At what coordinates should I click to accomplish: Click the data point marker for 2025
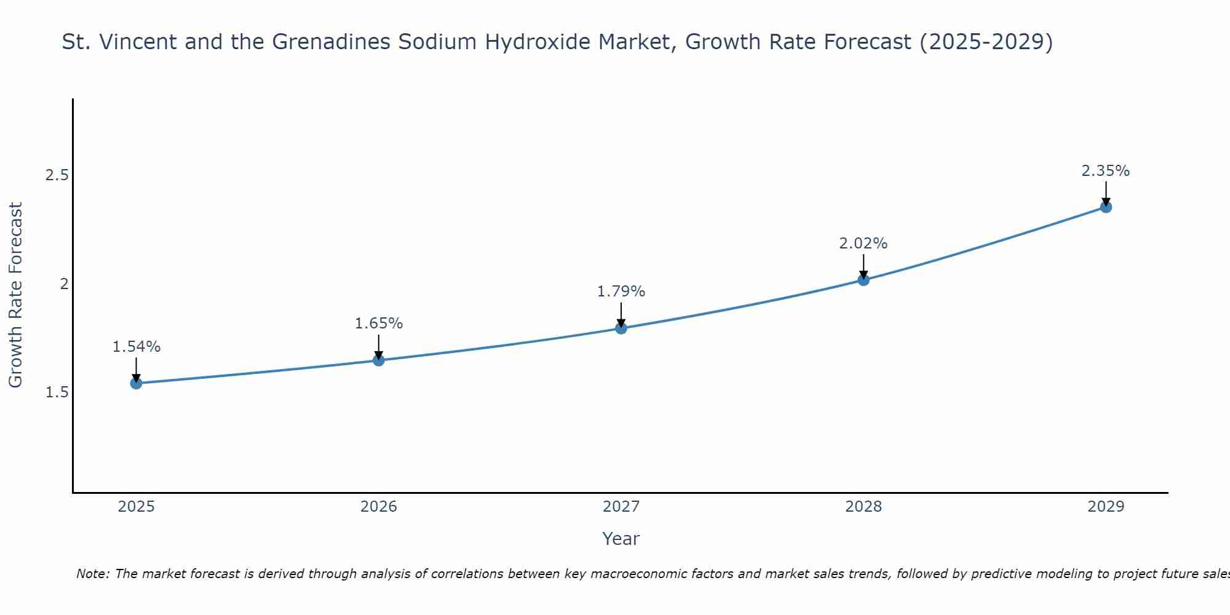pyautogui.click(x=136, y=383)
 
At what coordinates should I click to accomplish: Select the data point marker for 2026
pyautogui.click(x=379, y=360)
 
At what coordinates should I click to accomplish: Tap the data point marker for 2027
pyautogui.click(x=621, y=328)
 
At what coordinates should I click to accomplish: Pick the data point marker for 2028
pyautogui.click(x=863, y=280)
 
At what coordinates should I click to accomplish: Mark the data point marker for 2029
pyautogui.click(x=1106, y=207)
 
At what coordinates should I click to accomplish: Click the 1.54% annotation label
pyautogui.click(x=136, y=347)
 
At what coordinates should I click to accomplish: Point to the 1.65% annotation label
pyautogui.click(x=379, y=323)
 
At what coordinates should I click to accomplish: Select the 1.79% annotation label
pyautogui.click(x=621, y=292)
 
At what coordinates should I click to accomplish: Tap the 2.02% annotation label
pyautogui.click(x=863, y=244)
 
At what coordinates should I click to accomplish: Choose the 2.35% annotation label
pyautogui.click(x=1106, y=171)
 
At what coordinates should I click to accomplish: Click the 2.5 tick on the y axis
pyautogui.click(x=57, y=175)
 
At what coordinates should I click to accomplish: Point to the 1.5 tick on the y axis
pyautogui.click(x=57, y=392)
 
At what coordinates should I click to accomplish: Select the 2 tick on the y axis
pyautogui.click(x=63, y=284)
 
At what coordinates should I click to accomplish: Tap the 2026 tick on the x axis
pyautogui.click(x=379, y=507)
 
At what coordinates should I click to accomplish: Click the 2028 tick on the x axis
pyautogui.click(x=863, y=507)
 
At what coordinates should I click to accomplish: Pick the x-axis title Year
pyautogui.click(x=621, y=539)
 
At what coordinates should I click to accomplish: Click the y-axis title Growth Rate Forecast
pyautogui.click(x=15, y=295)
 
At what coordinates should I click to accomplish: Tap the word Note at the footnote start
pyautogui.click(x=92, y=574)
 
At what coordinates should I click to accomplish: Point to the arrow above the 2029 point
pyautogui.click(x=1106, y=193)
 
